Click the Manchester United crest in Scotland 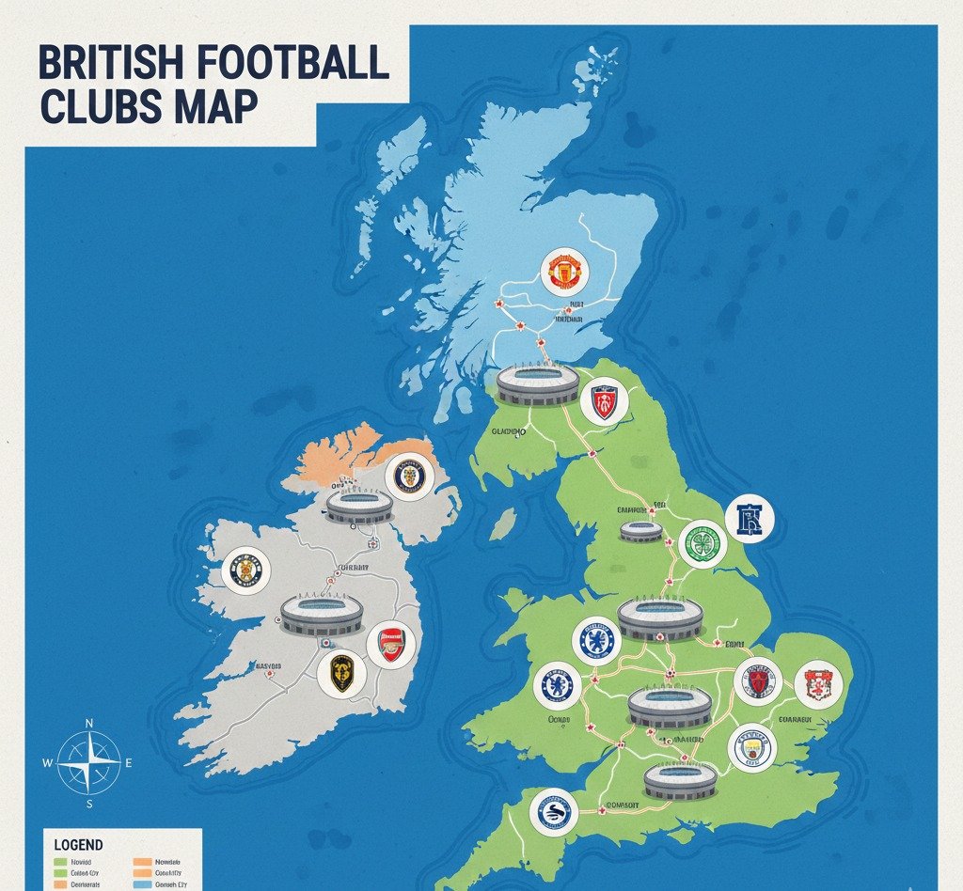pyautogui.click(x=565, y=271)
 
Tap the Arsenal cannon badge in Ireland pyautogui.click(x=390, y=645)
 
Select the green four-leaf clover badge pyautogui.click(x=703, y=543)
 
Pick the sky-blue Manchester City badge pyautogui.click(x=751, y=748)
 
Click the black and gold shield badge pyautogui.click(x=340, y=672)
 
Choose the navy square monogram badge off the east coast pyautogui.click(x=750, y=519)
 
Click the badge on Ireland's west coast pyautogui.click(x=246, y=571)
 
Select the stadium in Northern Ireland pyautogui.click(x=359, y=506)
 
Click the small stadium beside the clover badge pyautogui.click(x=641, y=531)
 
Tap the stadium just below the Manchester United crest pyautogui.click(x=537, y=383)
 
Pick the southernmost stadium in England pyautogui.click(x=680, y=780)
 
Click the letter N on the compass pyautogui.click(x=89, y=723)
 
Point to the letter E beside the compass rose pyautogui.click(x=129, y=763)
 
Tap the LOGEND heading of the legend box pyautogui.click(x=79, y=845)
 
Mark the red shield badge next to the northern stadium pyautogui.click(x=604, y=402)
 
